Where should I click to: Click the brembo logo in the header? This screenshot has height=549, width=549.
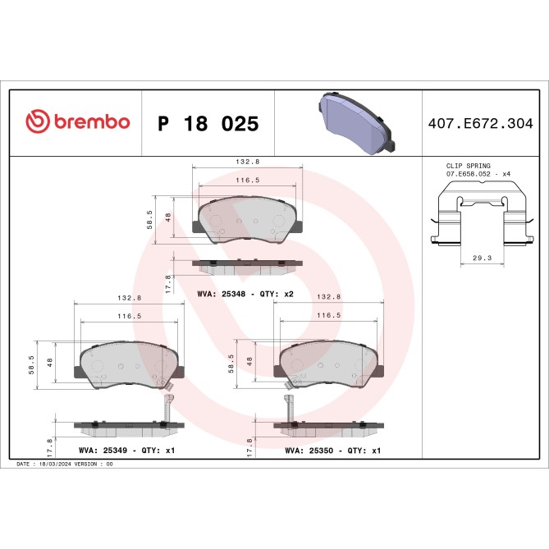[x=78, y=122]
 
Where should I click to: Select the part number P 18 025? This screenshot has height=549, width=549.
[x=208, y=124]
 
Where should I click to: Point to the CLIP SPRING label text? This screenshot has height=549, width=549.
[x=468, y=166]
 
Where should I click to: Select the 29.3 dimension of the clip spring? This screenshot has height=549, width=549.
[x=482, y=258]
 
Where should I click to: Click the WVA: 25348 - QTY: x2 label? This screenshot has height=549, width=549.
[x=245, y=293]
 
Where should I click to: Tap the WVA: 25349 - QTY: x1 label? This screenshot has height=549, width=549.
[x=126, y=451]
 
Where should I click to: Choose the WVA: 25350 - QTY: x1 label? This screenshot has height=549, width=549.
[x=332, y=451]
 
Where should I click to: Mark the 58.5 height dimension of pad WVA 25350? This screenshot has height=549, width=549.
[x=231, y=363]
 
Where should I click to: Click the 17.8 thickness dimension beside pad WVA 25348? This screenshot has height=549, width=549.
[x=168, y=283]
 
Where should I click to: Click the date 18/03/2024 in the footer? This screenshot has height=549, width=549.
[x=54, y=464]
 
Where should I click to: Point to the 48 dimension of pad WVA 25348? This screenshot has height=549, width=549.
[x=167, y=217]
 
